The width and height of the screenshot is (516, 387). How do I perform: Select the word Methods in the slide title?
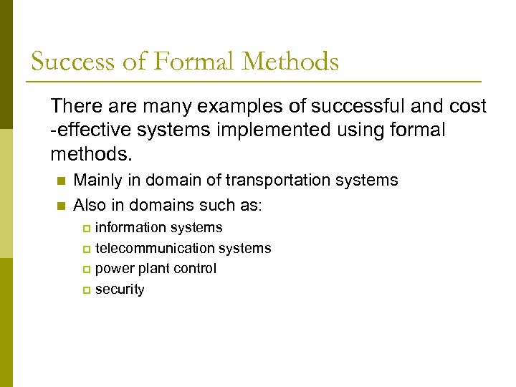290,62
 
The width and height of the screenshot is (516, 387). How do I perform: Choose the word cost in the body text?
469,107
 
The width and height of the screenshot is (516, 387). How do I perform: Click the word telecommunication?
154,249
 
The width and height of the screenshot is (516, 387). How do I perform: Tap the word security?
120,290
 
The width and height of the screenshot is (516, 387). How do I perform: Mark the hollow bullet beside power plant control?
86,270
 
